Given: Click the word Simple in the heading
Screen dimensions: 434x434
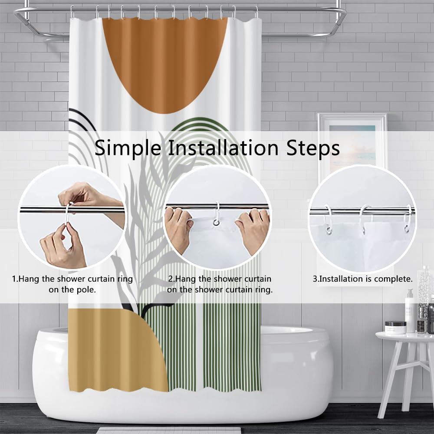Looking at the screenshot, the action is click(x=128, y=148).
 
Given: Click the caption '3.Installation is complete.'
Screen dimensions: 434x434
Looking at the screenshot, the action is click(x=362, y=279).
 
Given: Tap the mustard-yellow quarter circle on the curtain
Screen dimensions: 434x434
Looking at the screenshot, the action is click(x=118, y=350).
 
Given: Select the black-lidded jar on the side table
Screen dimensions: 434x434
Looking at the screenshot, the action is click(x=395, y=327).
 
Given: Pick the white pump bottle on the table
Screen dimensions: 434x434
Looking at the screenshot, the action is click(x=410, y=311).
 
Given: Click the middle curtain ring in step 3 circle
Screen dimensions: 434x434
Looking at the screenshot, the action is click(x=363, y=219).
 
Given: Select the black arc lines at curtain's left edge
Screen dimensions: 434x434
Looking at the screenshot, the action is click(x=82, y=119).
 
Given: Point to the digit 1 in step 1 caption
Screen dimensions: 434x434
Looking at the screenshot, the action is click(x=14, y=279).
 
